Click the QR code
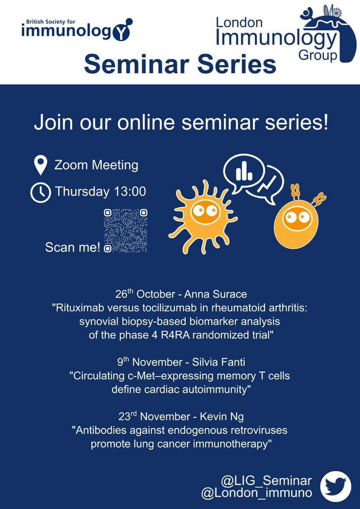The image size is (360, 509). (126, 231)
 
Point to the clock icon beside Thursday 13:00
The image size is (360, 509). (40, 192)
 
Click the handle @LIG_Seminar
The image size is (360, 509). (266, 481)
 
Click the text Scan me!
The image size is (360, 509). (73, 247)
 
